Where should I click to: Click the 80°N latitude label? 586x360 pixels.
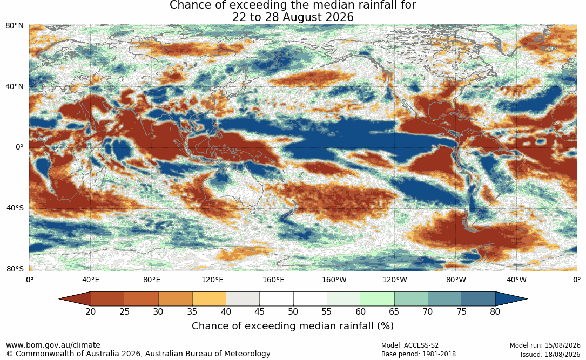tap(14, 26)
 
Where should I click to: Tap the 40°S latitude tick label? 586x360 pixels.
tap(15, 208)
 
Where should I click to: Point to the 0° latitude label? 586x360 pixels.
tap(19, 147)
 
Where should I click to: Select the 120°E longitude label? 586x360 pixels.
tap(212, 280)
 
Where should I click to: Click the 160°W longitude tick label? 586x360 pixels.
tap(334, 280)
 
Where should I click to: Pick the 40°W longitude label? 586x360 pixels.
tap(516, 280)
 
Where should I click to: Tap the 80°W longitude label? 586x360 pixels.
tap(456, 280)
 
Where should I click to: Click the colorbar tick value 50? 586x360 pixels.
tap(293, 311)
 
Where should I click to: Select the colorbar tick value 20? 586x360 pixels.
tap(90, 311)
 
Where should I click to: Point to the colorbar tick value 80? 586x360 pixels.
tap(495, 311)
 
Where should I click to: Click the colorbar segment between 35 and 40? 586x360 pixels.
tap(209, 299)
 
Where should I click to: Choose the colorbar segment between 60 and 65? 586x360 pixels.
tap(378, 299)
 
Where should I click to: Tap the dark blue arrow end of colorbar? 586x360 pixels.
tap(510, 299)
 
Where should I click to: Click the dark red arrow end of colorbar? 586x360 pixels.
tap(76, 299)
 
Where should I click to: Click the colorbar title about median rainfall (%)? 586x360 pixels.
tap(293, 326)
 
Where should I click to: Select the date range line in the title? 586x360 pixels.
tap(293, 17)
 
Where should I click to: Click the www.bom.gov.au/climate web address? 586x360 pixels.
tap(53, 345)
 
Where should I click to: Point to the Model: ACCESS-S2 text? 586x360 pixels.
tap(409, 345)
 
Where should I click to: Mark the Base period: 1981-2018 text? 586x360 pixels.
tap(418, 354)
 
